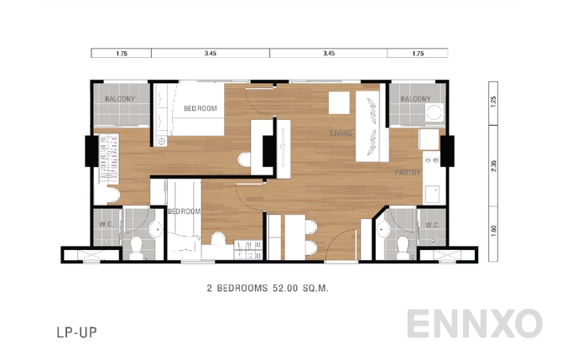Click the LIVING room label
click(x=341, y=133)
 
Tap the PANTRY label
click(x=408, y=173)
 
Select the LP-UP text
click(x=76, y=332)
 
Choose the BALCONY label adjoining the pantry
click(x=415, y=99)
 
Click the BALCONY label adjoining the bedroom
click(x=121, y=99)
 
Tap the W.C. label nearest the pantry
click(x=433, y=225)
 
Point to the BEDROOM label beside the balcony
click(x=200, y=108)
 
